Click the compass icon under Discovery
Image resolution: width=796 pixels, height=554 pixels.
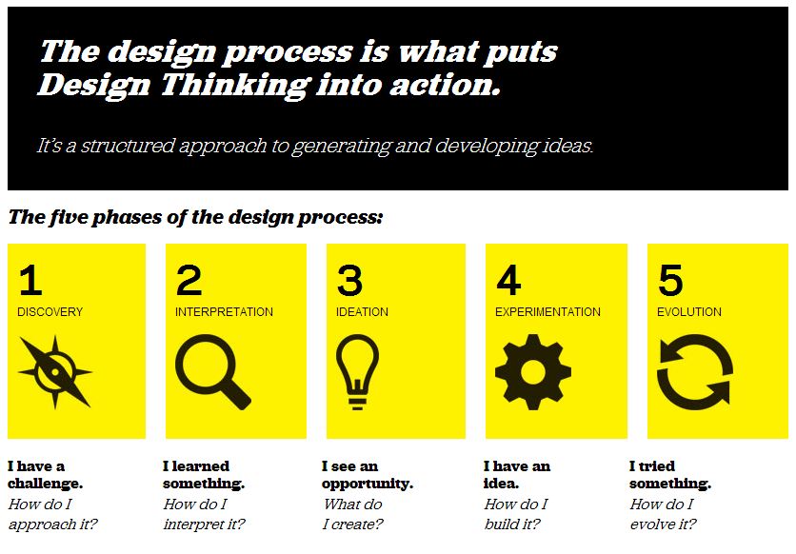pos(55,372)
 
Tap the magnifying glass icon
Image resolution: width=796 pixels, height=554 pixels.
pos(212,371)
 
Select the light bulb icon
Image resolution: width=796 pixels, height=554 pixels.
pos(357,372)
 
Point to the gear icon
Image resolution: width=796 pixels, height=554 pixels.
pos(533,372)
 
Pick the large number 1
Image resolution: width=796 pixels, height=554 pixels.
pos(30,280)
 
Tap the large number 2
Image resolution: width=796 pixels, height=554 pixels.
pos(189,280)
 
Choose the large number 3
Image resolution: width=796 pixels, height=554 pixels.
pos(349,280)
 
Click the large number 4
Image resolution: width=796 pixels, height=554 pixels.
pos(508,280)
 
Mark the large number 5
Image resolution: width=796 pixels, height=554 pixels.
pos(670,280)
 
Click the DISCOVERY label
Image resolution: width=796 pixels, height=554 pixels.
pos(50,312)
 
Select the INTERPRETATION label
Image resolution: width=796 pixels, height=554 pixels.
pos(224,312)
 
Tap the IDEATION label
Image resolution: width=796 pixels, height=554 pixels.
pos(362,312)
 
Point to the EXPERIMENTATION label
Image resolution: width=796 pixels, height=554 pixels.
pos(547,312)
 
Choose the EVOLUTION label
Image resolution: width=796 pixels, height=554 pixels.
pos(689,312)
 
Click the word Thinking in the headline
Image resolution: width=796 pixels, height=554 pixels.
pos(235,86)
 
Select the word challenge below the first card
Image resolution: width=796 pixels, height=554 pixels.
pos(45,484)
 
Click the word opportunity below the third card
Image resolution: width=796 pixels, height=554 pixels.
pos(367,485)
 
